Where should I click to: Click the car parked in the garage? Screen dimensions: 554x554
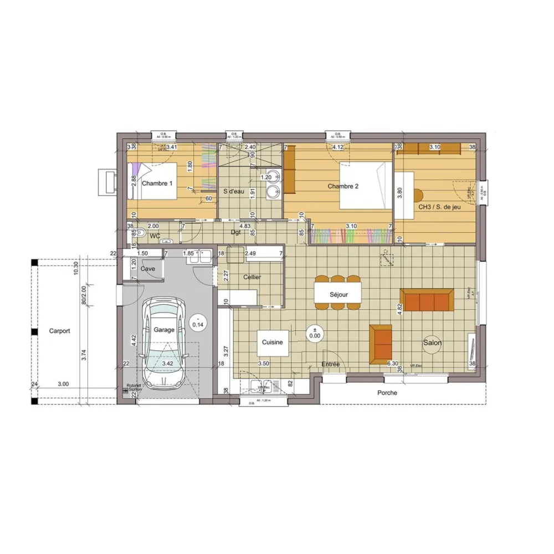point(164,343)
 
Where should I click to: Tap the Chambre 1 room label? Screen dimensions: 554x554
point(157,183)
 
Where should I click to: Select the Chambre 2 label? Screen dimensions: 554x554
point(343,186)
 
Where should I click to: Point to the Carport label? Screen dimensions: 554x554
point(60,331)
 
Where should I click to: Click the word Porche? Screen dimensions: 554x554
point(387,393)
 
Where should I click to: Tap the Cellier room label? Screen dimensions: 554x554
point(252,277)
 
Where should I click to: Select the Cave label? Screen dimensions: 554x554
point(148,269)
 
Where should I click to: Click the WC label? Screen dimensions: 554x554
point(155,237)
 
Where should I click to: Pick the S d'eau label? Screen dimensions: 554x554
point(234,192)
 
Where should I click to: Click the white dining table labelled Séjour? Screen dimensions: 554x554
point(338,294)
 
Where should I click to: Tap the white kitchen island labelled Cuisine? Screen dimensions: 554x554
point(273,342)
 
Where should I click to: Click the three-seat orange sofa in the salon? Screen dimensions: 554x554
point(427,300)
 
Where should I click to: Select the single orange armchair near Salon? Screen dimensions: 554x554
point(380,343)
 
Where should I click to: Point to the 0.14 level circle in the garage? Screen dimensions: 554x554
point(197,321)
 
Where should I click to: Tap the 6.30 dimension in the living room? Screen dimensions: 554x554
point(393,364)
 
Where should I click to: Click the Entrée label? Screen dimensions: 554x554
point(331,364)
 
